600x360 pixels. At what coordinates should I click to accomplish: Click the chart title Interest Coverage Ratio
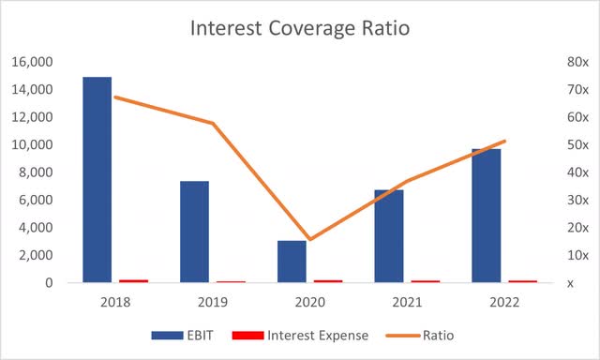300,28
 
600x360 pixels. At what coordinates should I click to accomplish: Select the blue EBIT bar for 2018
97,178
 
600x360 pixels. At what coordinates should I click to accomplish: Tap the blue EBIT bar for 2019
195,231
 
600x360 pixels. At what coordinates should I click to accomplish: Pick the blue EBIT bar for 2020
292,261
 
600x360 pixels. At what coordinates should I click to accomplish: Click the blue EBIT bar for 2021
389,235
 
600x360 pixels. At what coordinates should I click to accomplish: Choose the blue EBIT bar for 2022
486,215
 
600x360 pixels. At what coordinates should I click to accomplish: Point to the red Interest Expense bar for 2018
133,280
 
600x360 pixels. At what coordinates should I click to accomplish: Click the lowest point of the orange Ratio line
309,239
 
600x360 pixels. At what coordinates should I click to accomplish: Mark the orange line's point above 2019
213,124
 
